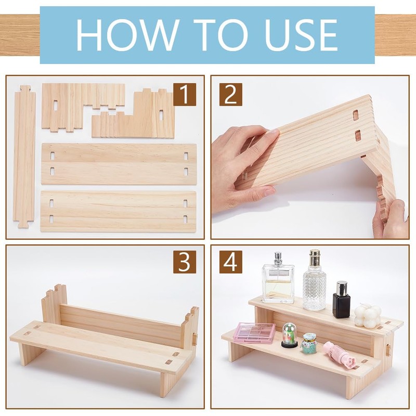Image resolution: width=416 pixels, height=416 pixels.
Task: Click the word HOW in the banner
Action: coord(127,35)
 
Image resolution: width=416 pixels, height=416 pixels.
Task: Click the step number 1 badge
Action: coord(185,94)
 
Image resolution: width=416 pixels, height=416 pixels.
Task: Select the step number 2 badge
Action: coord(230,94)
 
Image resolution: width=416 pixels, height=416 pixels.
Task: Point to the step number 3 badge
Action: coord(185,262)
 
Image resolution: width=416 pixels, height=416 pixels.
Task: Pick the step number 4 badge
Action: coord(230,262)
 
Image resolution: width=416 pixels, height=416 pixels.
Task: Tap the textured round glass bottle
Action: coord(315,280)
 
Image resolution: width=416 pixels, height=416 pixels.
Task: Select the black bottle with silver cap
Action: coord(342,300)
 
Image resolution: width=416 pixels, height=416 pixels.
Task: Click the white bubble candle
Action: coord(368,316)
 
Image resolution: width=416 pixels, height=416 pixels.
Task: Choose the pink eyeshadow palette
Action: coord(254,332)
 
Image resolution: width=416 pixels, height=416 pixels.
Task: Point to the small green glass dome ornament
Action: coord(290,335)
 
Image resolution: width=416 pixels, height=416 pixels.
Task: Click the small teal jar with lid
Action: coord(309,343)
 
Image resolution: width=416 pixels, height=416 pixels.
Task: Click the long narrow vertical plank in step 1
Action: coord(24,157)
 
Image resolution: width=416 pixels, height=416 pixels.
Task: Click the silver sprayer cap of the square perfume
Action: coord(278,258)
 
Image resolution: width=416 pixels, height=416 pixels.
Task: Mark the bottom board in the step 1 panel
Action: coord(119,212)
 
